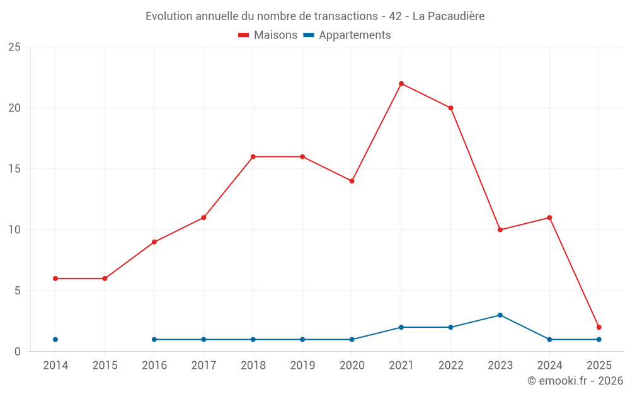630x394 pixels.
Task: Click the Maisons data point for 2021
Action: pos(401,84)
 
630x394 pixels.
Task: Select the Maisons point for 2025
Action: pos(598,327)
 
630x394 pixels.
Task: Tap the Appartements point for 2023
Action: pos(500,315)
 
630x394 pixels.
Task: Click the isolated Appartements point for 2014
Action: pos(55,340)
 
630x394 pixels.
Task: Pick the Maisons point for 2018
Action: pos(253,157)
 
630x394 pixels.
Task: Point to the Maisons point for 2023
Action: pos(500,230)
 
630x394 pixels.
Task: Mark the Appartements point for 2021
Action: pos(401,327)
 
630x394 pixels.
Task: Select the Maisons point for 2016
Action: pos(154,242)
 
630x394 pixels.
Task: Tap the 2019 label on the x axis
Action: pos(302,366)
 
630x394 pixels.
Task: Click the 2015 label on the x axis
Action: pos(105,366)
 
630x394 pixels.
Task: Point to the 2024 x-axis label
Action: pos(549,366)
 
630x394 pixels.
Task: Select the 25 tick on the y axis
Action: pos(14,47)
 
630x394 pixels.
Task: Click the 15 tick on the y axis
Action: pos(14,169)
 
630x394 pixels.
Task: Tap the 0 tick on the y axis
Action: pos(18,352)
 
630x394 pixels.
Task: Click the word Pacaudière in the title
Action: pos(456,16)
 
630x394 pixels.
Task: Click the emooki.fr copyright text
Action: pos(575,381)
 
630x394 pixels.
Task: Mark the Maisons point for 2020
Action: pos(352,181)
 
